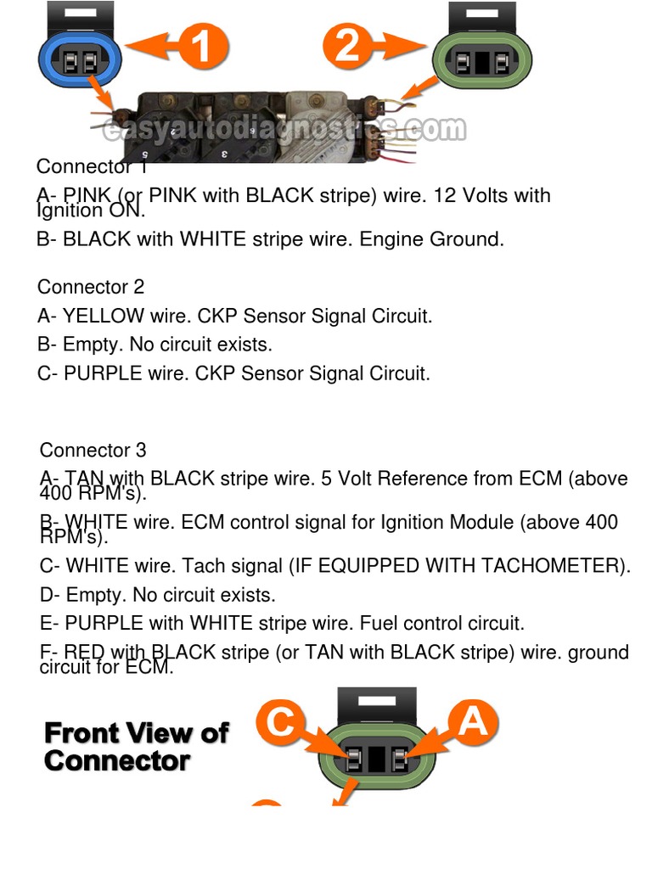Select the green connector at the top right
pyautogui.click(x=483, y=61)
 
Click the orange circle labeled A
pyautogui.click(x=472, y=723)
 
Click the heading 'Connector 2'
pyautogui.click(x=91, y=287)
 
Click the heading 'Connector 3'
pyautogui.click(x=93, y=450)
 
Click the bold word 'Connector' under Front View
pyautogui.click(x=116, y=760)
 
